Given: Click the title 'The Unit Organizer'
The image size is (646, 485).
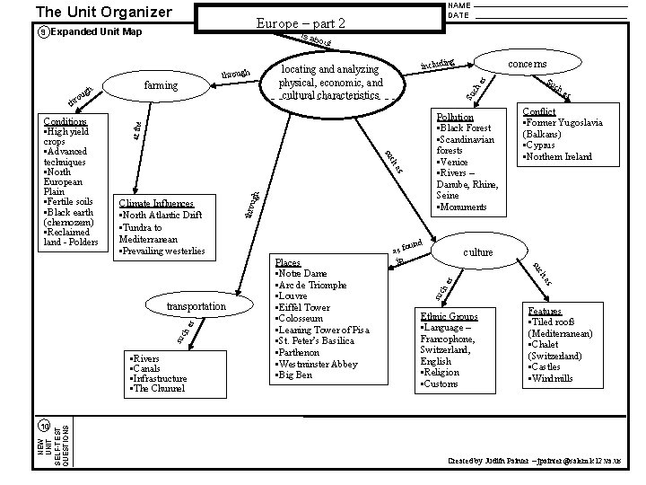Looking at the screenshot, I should [102, 12].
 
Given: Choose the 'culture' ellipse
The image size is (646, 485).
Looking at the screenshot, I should [477, 252].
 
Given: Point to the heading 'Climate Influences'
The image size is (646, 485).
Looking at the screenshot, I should [156, 204].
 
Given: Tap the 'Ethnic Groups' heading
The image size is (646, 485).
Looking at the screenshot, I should [450, 316].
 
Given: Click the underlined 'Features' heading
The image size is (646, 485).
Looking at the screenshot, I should [545, 310].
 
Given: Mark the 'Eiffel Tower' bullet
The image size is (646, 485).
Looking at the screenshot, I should [304, 307].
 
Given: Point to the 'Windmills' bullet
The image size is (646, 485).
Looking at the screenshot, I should [554, 378].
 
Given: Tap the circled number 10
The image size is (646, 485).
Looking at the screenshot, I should [44, 424].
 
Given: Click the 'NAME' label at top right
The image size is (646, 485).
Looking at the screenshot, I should [458, 5].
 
